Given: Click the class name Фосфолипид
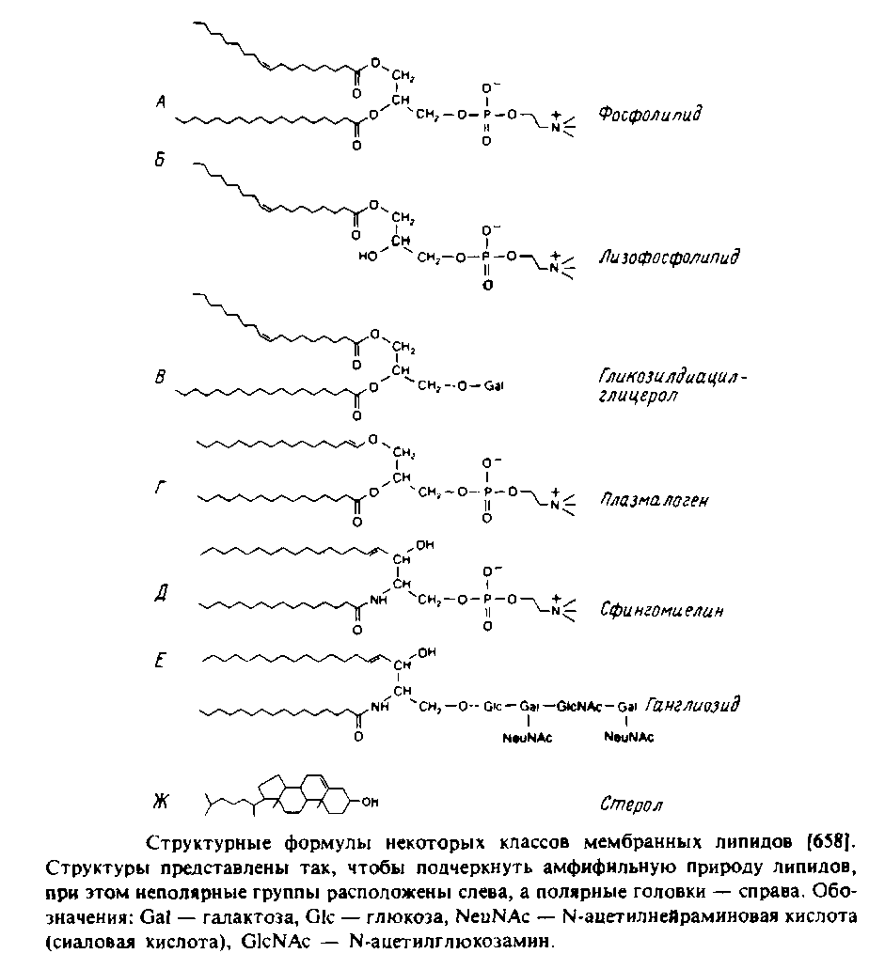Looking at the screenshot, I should click(x=652, y=115).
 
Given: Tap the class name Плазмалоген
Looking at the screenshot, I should click(x=654, y=501).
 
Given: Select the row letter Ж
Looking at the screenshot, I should click(x=161, y=802).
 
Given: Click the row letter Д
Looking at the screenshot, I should click(x=161, y=594).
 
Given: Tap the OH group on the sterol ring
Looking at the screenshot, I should click(x=371, y=802).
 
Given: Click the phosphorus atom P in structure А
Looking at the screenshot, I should click(x=485, y=116).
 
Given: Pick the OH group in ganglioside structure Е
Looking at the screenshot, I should click(x=426, y=649).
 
